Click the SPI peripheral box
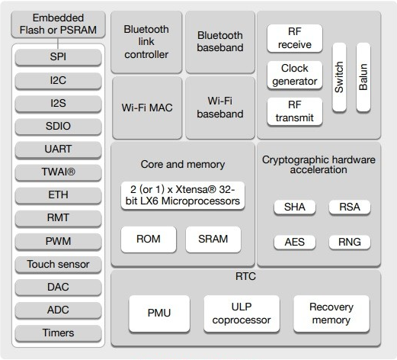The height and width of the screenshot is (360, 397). pyautogui.click(x=58, y=57)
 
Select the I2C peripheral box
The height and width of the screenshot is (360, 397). pyautogui.click(x=58, y=81)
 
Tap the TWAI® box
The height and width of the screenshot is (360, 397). pyautogui.click(x=58, y=172)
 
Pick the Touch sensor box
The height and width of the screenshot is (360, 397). pyautogui.click(x=58, y=265)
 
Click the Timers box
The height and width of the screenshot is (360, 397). pyautogui.click(x=58, y=333)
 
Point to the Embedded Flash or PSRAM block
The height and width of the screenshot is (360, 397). pyautogui.click(x=58, y=24)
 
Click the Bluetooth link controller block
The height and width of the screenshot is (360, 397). pyautogui.click(x=146, y=42)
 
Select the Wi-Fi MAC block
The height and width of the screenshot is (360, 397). pyautogui.click(x=147, y=108)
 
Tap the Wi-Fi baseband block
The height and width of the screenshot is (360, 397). pyautogui.click(x=220, y=108)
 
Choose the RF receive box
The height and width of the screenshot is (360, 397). pyautogui.click(x=295, y=38)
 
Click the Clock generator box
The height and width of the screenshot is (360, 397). pyautogui.click(x=295, y=75)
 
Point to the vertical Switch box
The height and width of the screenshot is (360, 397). pyautogui.click(x=339, y=77)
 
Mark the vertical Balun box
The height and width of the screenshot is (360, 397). pyautogui.click(x=363, y=77)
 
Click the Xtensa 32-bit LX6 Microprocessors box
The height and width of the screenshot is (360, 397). pyautogui.click(x=183, y=195)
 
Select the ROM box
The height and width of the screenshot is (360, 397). pyautogui.click(x=149, y=239)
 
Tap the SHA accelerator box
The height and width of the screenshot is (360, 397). pyautogui.click(x=295, y=207)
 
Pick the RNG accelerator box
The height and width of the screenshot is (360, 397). pyautogui.click(x=350, y=243)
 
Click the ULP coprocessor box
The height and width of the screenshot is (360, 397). pyautogui.click(x=242, y=313)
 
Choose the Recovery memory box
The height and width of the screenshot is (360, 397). pyautogui.click(x=331, y=313)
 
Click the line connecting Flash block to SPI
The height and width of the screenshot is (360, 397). pyautogui.click(x=58, y=43)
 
